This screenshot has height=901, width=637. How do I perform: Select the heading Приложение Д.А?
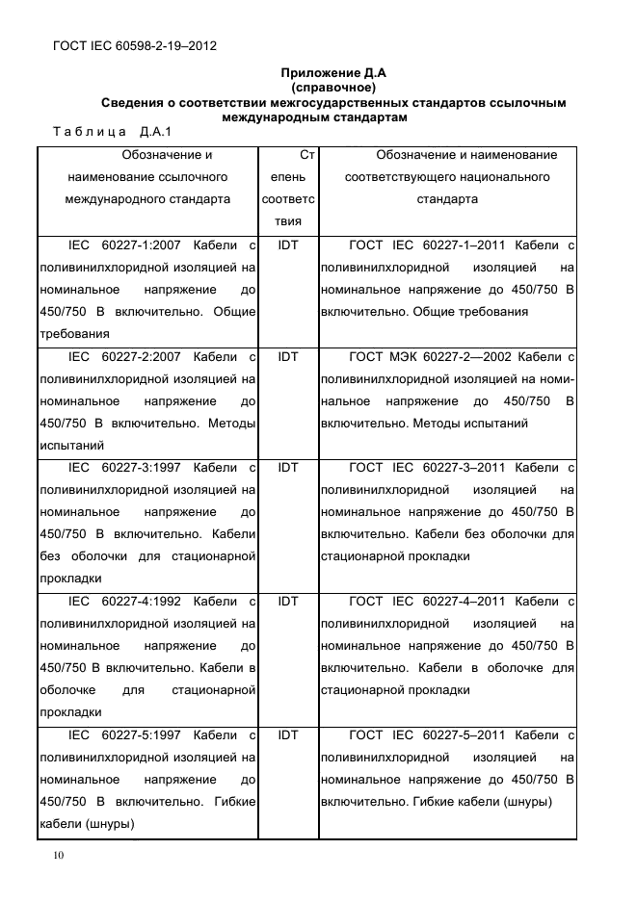pyautogui.click(x=332, y=73)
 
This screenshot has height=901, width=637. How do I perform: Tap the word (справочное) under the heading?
pyautogui.click(x=332, y=88)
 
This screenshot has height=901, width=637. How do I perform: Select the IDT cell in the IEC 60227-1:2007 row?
pyautogui.click(x=288, y=245)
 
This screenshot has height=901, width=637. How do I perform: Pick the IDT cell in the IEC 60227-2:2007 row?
pyautogui.click(x=288, y=356)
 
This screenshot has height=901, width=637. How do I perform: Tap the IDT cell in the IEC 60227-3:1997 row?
pyautogui.click(x=288, y=468)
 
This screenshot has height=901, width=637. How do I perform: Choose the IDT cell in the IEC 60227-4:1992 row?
pyautogui.click(x=288, y=602)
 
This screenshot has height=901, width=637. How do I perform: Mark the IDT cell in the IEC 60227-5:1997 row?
pyautogui.click(x=288, y=735)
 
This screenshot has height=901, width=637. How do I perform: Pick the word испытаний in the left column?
pyautogui.click(x=70, y=446)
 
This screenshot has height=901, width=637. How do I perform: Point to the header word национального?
pyautogui.click(x=502, y=177)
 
